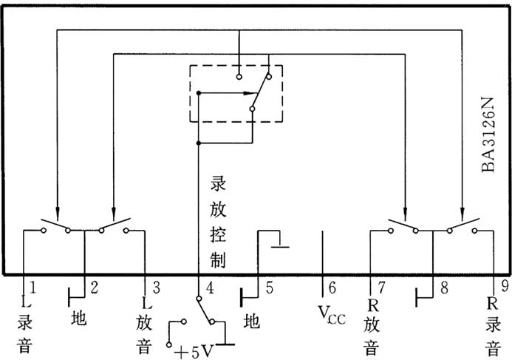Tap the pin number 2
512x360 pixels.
click(x=94, y=285)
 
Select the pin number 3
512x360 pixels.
click(x=155, y=285)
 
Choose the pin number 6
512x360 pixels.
click(x=332, y=286)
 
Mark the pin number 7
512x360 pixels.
click(x=380, y=286)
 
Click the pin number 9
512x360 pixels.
click(x=504, y=284)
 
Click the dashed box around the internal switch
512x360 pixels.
click(x=236, y=93)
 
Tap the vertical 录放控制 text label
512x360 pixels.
click(x=218, y=221)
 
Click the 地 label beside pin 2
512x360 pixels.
click(x=79, y=318)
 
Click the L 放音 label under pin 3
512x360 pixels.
click(x=144, y=325)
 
